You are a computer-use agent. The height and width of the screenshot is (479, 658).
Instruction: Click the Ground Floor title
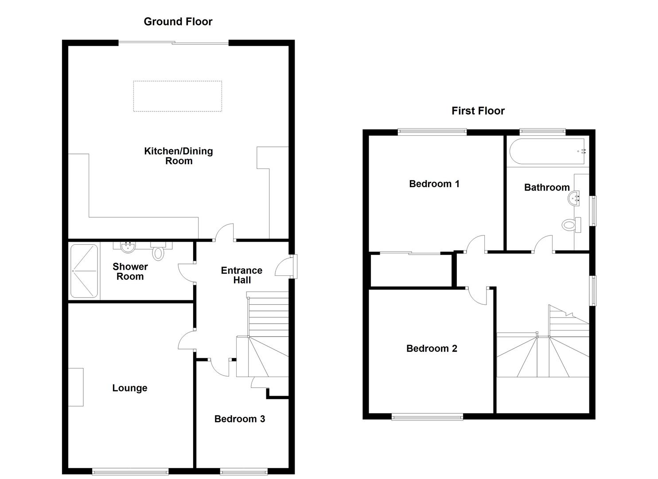(178, 21)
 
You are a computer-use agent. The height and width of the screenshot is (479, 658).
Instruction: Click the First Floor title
(478, 111)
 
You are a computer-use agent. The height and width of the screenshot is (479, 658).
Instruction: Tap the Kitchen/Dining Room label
(179, 156)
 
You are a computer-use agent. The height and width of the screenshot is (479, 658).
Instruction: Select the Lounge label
(129, 388)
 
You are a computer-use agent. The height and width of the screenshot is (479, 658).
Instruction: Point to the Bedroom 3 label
(239, 419)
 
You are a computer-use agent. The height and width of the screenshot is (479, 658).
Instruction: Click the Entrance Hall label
(241, 275)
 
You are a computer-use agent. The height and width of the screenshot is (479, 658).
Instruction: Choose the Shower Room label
(130, 271)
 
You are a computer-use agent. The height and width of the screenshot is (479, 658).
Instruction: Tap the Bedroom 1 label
(434, 184)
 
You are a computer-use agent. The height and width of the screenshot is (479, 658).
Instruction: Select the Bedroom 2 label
(431, 349)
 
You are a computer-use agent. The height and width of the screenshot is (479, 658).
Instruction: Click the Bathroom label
(546, 187)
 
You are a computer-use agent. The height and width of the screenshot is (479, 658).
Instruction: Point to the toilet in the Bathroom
(571, 225)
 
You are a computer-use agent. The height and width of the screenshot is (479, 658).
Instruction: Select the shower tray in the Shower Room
(84, 271)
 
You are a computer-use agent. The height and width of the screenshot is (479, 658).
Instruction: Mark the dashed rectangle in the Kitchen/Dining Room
(177, 96)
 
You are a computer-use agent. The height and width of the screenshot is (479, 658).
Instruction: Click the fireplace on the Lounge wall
(76, 387)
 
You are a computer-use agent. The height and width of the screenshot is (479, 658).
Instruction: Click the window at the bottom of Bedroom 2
(427, 416)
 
